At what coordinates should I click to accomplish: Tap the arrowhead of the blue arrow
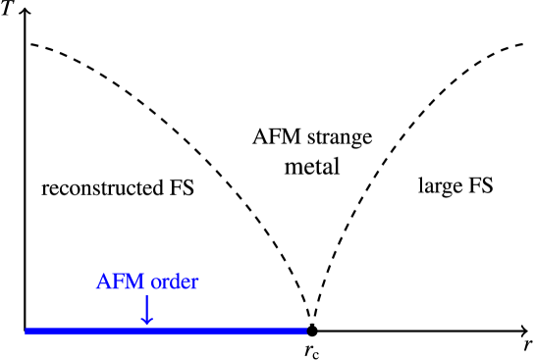(146, 321)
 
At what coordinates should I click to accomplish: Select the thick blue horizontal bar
(166, 332)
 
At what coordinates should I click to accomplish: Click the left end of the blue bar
(27, 332)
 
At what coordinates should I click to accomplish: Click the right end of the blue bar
(304, 332)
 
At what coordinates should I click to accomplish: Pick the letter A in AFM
(104, 283)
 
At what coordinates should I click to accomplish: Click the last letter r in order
(193, 284)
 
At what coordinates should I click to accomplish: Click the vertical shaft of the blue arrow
(146, 305)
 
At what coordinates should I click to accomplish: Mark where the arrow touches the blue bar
(146, 327)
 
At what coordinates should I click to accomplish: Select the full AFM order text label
(146, 283)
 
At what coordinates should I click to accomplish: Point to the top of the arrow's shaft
(146, 296)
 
